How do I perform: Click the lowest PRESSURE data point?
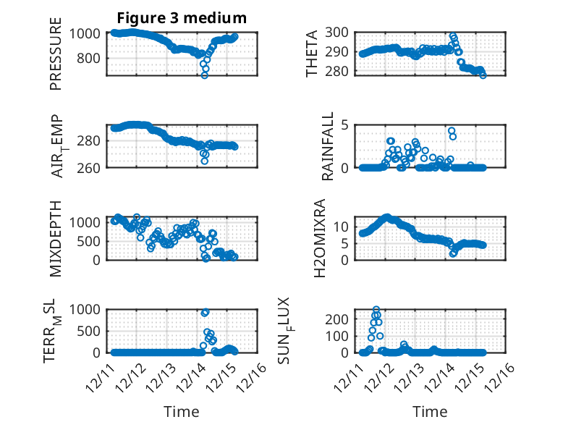(204, 75)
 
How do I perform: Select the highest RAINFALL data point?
(452, 131)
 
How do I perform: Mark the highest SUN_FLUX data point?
(376, 309)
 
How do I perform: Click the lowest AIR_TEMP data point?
(204, 161)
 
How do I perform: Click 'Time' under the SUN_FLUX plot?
(430, 411)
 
